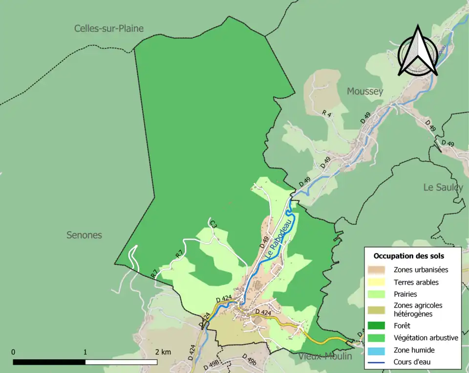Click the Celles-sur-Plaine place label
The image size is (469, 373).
(x=109, y=28)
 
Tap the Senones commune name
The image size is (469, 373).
(x=84, y=235)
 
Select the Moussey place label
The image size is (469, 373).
(x=365, y=91)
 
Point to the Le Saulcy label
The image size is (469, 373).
(x=443, y=187)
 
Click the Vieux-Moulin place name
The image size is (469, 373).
(x=325, y=356)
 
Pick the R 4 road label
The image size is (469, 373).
(x=327, y=113)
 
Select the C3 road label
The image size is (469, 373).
(x=213, y=224)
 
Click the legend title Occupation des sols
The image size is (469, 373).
(x=409, y=256)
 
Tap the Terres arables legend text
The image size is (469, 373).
(x=416, y=282)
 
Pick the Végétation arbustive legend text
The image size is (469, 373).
(x=426, y=337)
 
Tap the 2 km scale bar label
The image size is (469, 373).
(x=163, y=352)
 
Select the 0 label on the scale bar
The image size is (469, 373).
(x=13, y=352)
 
